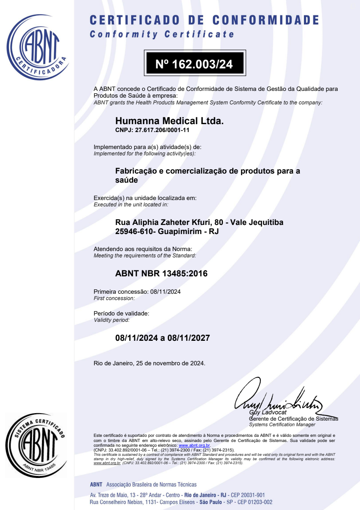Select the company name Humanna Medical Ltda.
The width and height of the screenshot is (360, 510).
[x=169, y=121]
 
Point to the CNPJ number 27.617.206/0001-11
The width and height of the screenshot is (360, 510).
[x=162, y=130]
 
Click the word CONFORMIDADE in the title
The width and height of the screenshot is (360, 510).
[x=266, y=20]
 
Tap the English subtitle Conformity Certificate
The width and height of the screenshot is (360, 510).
[x=162, y=34]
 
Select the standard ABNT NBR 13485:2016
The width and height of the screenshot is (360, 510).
[x=161, y=273]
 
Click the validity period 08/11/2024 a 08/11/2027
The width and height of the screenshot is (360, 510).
[x=162, y=338]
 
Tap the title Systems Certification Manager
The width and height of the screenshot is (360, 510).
[x=282, y=425]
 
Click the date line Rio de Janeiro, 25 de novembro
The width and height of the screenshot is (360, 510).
[x=149, y=363]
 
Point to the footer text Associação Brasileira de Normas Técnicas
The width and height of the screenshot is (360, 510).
[x=151, y=484]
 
